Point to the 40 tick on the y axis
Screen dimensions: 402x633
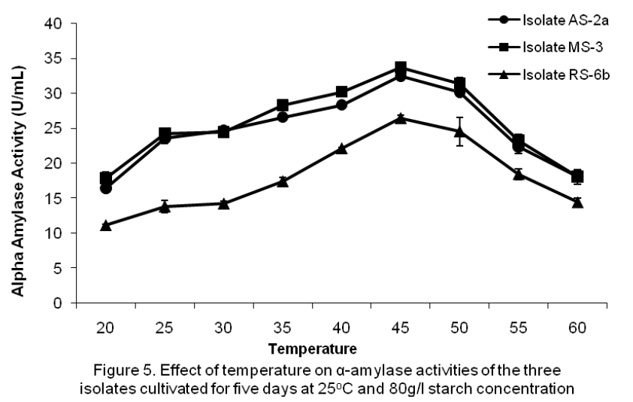(61, 23)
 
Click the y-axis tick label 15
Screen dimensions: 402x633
(61, 198)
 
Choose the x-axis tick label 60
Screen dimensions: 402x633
(577, 327)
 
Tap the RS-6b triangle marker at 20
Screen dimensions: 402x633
(106, 225)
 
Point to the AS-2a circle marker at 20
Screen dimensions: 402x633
(106, 188)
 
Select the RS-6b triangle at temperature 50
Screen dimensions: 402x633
(459, 131)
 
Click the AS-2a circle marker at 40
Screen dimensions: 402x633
(341, 105)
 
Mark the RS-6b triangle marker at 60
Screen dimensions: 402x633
(577, 203)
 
